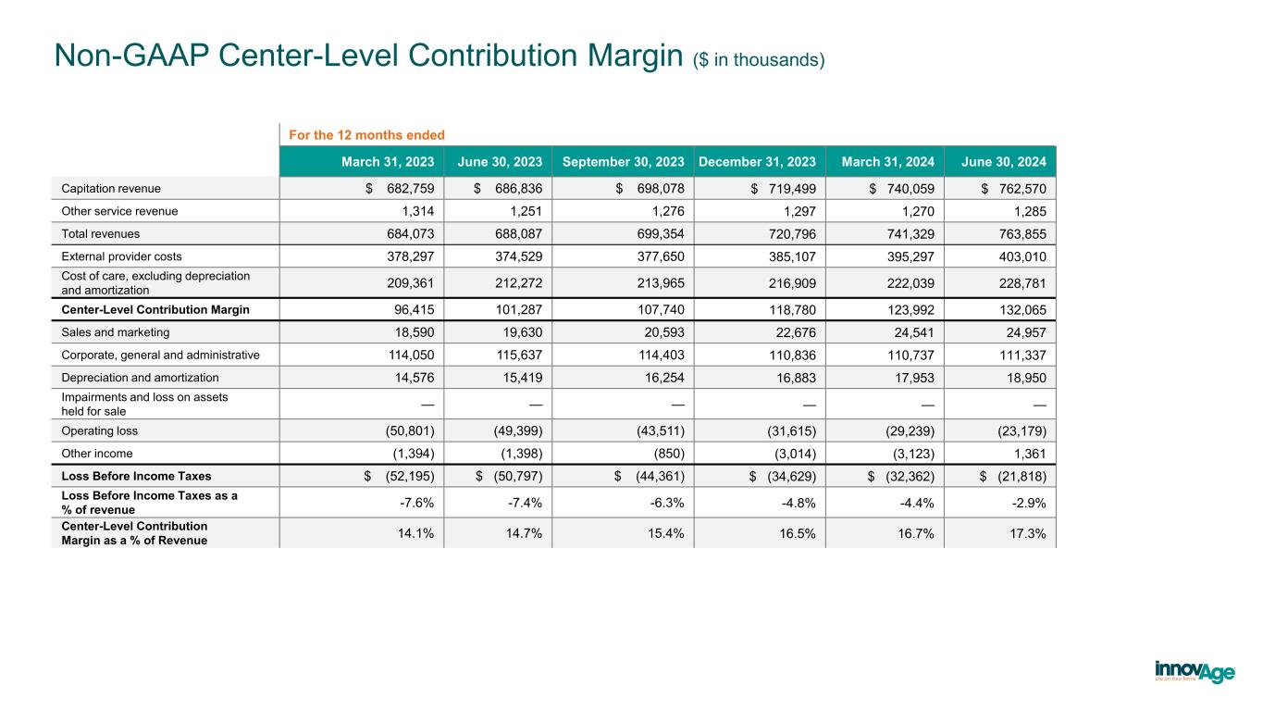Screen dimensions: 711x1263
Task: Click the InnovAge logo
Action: [1195, 671]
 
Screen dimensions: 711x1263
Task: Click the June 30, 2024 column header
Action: [1004, 161]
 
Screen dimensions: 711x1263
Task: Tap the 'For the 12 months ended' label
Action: [366, 135]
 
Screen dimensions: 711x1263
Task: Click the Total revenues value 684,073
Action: [408, 234]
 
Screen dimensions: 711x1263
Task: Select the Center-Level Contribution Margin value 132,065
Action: [1021, 309]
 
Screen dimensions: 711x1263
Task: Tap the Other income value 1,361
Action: [1027, 454]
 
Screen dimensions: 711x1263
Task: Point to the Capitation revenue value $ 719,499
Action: [769, 188]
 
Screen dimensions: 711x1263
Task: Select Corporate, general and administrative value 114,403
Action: [659, 355]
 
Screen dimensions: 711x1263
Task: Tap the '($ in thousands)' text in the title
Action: [758, 60]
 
